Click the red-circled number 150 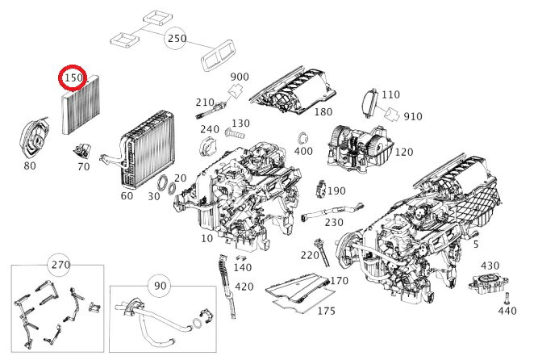point(74,79)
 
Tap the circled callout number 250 point(177,39)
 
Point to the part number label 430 point(490,265)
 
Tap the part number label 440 point(506,310)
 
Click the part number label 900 point(240,77)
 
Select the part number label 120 point(404,151)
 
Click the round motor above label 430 point(486,287)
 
